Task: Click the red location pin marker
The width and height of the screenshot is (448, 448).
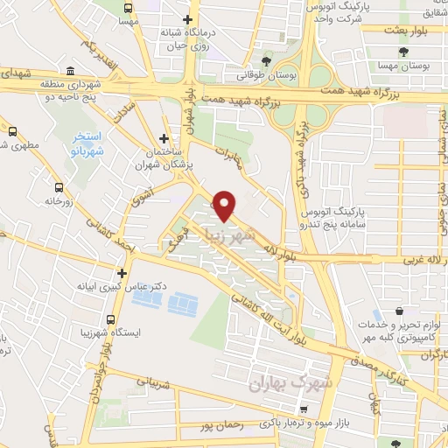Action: (225, 205)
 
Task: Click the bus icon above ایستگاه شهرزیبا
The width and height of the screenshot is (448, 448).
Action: (111, 320)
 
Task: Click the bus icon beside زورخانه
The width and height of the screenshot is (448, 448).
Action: (59, 187)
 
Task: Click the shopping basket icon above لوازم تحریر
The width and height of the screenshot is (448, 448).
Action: (399, 311)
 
